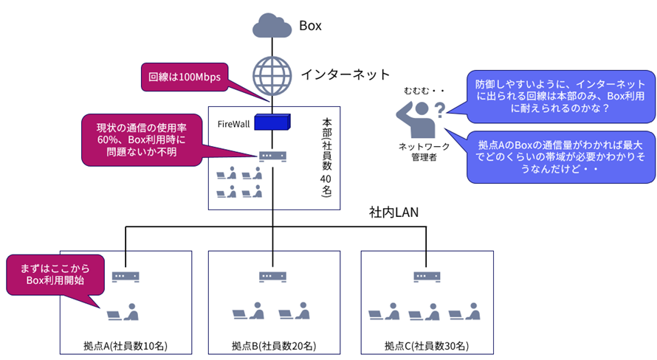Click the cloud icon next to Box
pos(272,27)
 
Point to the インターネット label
pos(345,74)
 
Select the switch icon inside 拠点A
pos(125,277)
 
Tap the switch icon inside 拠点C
pos(425,277)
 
